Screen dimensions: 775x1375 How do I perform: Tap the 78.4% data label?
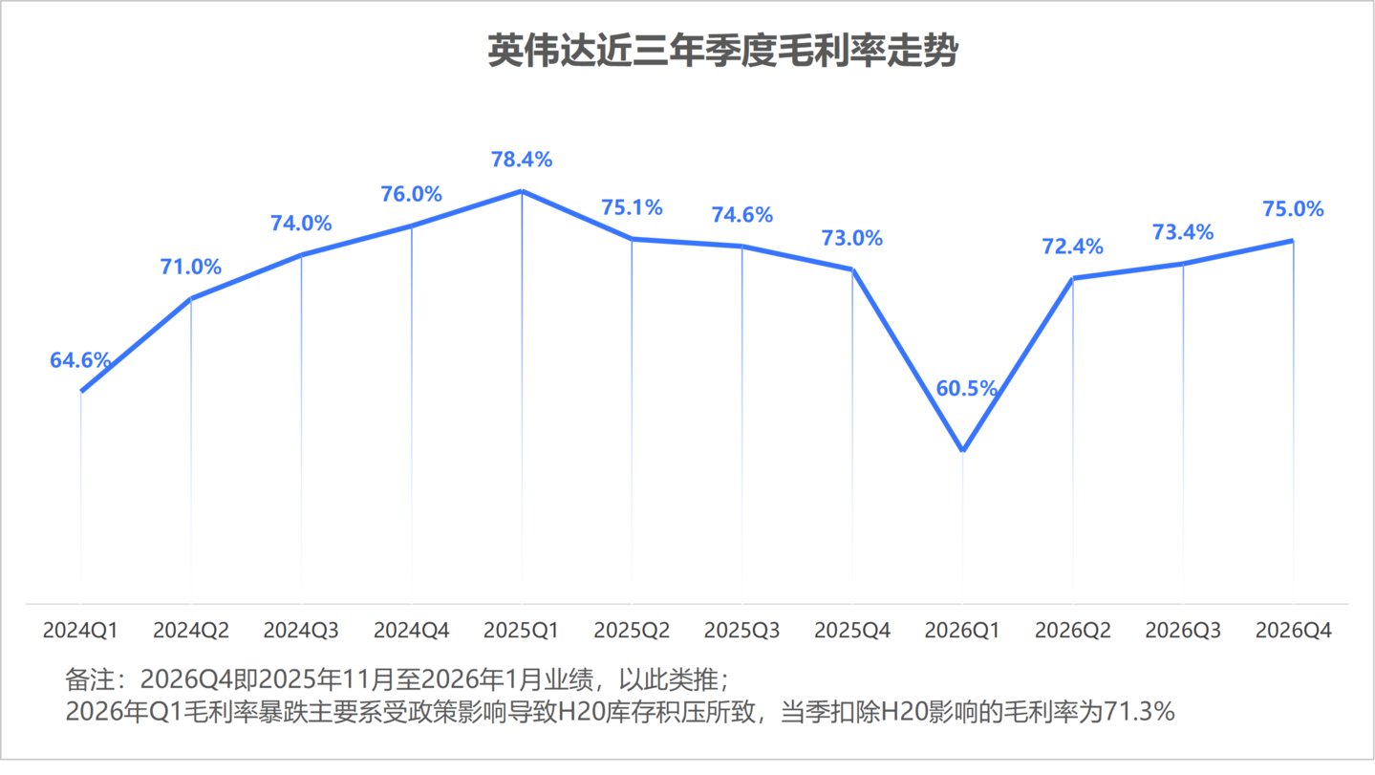click(x=522, y=160)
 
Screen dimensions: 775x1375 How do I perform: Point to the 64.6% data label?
click(x=80, y=361)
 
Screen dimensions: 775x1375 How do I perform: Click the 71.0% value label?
click(x=190, y=267)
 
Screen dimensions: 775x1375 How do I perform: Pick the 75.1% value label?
click(x=632, y=207)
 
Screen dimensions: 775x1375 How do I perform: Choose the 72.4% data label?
click(x=1073, y=247)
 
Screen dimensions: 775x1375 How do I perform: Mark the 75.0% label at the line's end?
click(x=1294, y=209)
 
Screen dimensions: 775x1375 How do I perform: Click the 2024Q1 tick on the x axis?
click(x=80, y=631)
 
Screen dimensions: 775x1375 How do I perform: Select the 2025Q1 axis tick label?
click(x=522, y=631)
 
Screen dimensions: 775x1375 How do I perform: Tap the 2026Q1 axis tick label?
click(x=963, y=631)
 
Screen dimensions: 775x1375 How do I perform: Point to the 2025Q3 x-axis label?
click(x=742, y=631)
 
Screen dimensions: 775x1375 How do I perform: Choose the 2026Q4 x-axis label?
click(x=1294, y=631)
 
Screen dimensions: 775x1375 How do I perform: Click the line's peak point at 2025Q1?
click(x=522, y=191)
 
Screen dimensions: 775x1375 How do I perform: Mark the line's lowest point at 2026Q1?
click(x=963, y=450)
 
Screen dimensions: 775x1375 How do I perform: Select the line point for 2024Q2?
click(x=191, y=299)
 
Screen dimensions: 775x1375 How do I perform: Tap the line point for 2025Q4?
click(x=852, y=269)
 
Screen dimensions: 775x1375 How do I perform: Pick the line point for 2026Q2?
click(x=1073, y=279)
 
